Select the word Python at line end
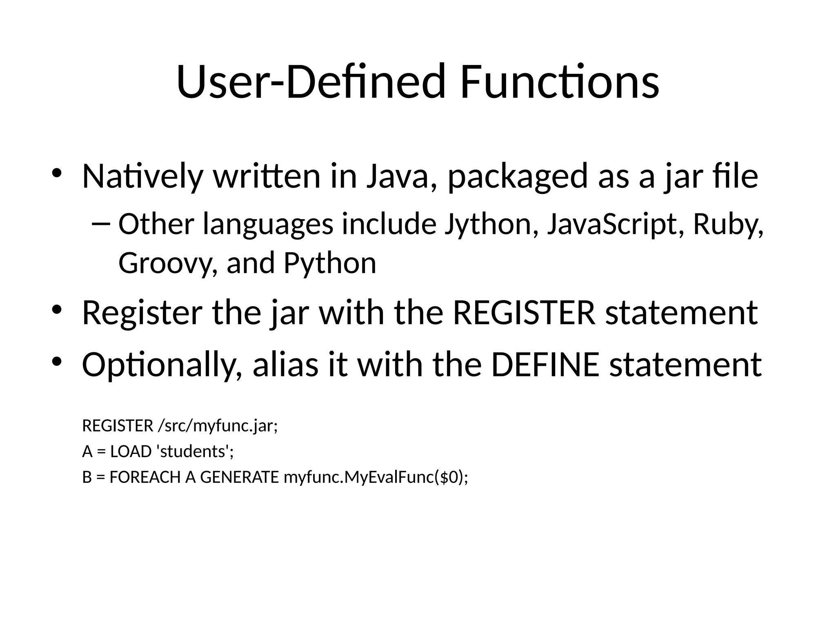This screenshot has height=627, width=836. (330, 264)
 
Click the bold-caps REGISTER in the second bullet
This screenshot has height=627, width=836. (524, 313)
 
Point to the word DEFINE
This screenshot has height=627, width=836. (545, 364)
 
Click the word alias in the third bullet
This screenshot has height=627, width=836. (286, 364)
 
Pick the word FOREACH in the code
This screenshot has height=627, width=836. (145, 477)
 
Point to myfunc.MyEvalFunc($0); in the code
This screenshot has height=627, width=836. (376, 477)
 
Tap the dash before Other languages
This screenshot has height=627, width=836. (101, 224)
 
